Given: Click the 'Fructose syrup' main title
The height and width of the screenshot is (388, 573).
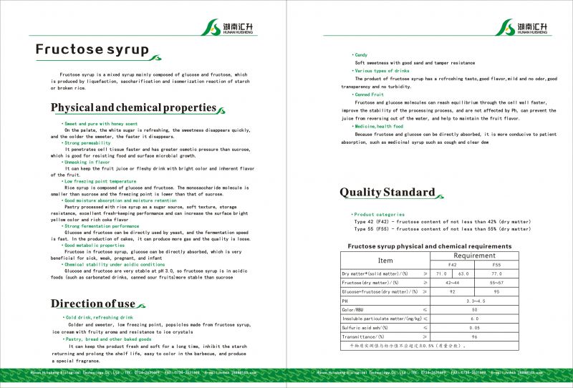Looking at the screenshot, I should tap(92, 50).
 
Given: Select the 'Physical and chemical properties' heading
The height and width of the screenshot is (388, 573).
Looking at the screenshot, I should tap(133, 108).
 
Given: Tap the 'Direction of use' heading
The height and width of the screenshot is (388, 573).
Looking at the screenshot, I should tap(93, 304).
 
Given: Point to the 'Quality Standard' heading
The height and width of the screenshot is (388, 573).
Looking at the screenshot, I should tap(387, 192).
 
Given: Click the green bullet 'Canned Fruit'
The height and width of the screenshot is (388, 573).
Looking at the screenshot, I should tap(369, 94).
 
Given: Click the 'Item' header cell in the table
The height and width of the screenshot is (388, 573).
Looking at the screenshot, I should tap(385, 261).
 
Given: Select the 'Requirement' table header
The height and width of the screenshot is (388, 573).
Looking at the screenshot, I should tap(474, 256).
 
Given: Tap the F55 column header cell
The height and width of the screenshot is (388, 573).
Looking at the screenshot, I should tap(496, 265).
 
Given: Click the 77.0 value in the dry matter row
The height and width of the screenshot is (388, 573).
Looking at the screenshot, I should tap(496, 274).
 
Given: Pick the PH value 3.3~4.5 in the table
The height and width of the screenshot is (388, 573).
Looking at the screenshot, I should tap(474, 301).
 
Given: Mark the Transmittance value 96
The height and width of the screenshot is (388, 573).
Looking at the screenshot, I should tap(474, 336).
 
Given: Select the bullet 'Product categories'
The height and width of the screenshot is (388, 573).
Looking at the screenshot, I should tap(380, 214).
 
